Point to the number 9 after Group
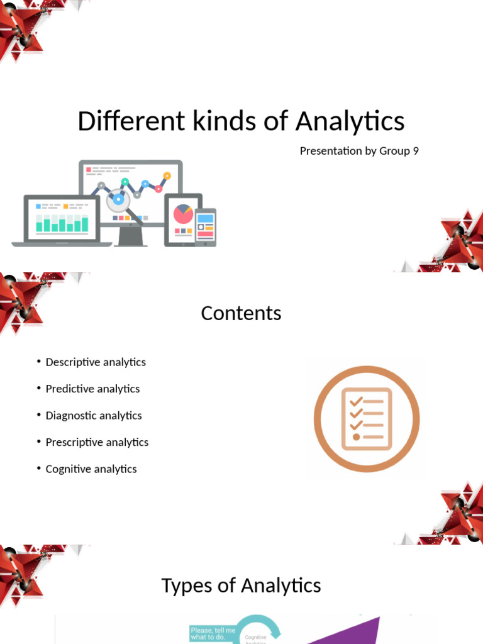416,151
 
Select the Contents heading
241,313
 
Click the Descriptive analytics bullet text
96,362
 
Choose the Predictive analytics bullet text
92,389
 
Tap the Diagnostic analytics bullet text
94,416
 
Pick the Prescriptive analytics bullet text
97,442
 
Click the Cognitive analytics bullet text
91,469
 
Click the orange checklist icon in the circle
366,419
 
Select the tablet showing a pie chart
182,218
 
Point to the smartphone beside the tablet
206,226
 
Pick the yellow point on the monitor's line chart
167,175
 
